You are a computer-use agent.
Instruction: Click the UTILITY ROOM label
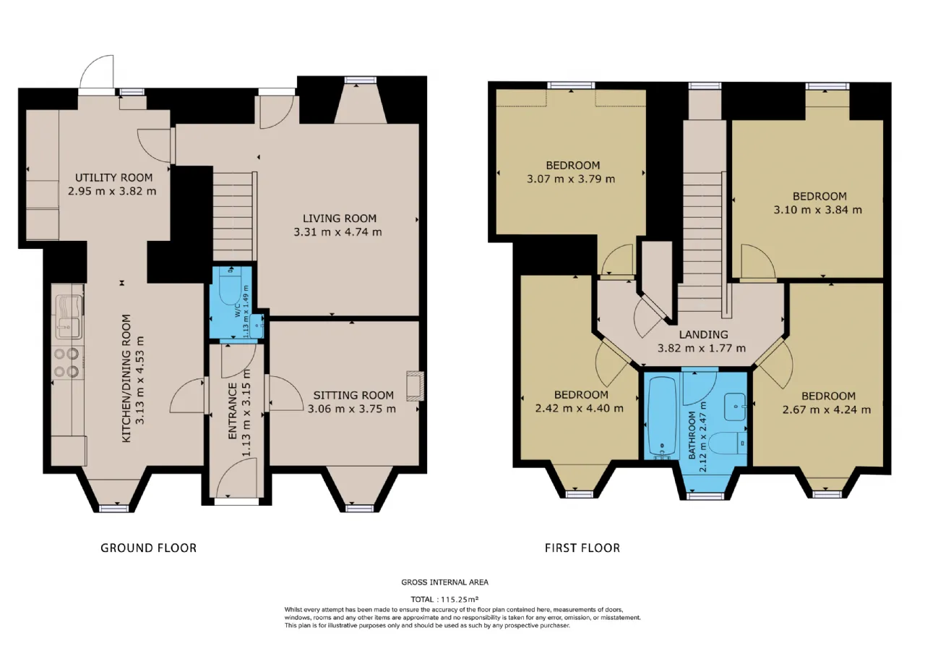(113, 178)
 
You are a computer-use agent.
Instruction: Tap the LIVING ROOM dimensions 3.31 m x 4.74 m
(337, 232)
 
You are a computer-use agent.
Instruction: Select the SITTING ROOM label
(353, 396)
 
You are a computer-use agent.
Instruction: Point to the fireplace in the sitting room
(415, 386)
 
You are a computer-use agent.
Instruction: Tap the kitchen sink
(69, 317)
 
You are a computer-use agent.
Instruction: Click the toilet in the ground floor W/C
(230, 286)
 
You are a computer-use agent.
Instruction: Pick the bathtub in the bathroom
(662, 417)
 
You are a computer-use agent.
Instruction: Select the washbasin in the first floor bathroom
(736, 407)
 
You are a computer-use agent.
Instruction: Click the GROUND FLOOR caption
(149, 548)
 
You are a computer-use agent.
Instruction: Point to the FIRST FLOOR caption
(582, 548)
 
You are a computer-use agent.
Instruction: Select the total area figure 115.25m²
(460, 599)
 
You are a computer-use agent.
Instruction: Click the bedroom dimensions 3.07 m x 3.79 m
(571, 179)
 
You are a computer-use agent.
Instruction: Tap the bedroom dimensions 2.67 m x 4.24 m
(827, 409)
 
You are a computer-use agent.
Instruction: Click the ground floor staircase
(233, 216)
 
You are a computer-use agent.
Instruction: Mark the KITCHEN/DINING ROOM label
(126, 378)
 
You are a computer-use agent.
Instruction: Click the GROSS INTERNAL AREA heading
(444, 582)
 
